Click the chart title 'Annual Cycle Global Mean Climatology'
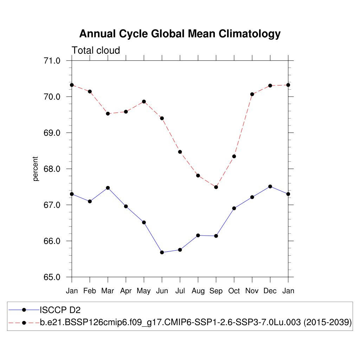pyautogui.click(x=180, y=34)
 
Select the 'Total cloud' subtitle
pyautogui.click(x=96, y=51)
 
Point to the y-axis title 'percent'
pyautogui.click(x=36, y=169)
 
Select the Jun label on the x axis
pyautogui.click(x=162, y=291)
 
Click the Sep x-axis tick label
pyautogui.click(x=216, y=291)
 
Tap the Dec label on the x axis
pyautogui.click(x=270, y=291)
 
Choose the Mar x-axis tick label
pyautogui.click(x=108, y=291)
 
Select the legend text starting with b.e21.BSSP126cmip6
pyautogui.click(x=196, y=322)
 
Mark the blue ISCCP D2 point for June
pyautogui.click(x=162, y=252)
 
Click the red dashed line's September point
pyautogui.click(x=216, y=187)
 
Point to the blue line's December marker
pyautogui.click(x=270, y=186)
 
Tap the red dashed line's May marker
pyautogui.click(x=144, y=102)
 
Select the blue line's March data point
pyautogui.click(x=108, y=188)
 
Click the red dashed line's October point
pyautogui.click(x=234, y=156)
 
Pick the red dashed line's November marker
pyautogui.click(x=252, y=94)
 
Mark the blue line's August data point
pyautogui.click(x=198, y=235)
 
